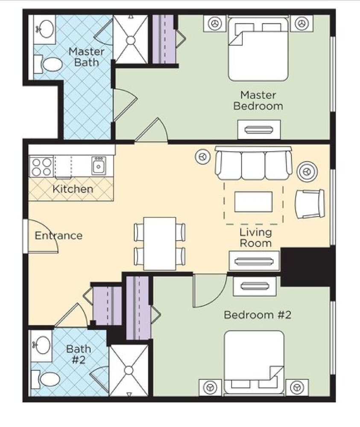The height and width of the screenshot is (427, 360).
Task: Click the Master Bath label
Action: tap(86, 57)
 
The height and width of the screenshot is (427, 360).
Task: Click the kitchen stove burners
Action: tap(41, 167)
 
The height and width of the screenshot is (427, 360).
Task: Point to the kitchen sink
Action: tap(99, 165)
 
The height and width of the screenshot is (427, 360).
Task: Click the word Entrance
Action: tap(59, 236)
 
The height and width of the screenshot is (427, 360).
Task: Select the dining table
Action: tap(160, 243)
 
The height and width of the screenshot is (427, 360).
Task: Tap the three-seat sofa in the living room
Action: tap(253, 163)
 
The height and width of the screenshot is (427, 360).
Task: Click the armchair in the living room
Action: tap(310, 204)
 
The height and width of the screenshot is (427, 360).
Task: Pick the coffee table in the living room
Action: tap(253, 202)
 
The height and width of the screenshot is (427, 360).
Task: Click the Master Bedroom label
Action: tap(258, 100)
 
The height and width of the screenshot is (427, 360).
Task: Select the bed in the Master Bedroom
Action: tap(258, 49)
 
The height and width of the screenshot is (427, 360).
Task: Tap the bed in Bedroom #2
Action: tap(254, 363)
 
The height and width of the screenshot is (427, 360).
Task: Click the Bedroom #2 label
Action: tap(258, 315)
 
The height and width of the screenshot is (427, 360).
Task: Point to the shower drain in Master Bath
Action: tap(131, 40)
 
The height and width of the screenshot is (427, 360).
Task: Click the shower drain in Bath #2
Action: tap(129, 370)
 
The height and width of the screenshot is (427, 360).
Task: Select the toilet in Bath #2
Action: tap(45, 379)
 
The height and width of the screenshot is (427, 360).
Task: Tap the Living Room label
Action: tap(255, 237)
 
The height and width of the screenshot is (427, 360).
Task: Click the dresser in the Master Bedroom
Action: tap(259, 129)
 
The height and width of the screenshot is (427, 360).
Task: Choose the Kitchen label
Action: tap(73, 189)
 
